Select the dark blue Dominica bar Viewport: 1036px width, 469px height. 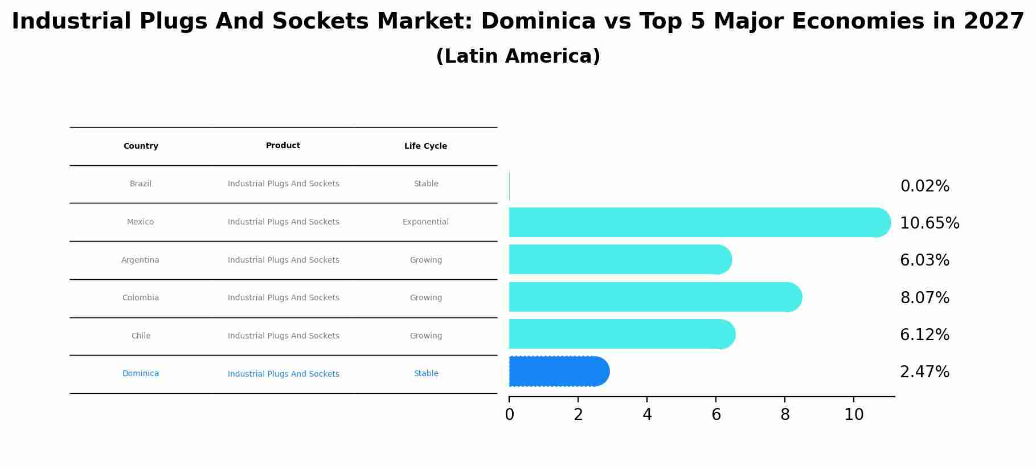click(x=558, y=372)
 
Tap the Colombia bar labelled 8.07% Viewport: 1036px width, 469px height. click(x=655, y=297)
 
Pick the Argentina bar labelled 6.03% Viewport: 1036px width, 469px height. click(x=620, y=259)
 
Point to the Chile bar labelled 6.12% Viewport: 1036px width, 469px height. click(x=621, y=334)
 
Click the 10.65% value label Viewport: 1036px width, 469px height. click(x=929, y=223)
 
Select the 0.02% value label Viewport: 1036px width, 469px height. click(x=925, y=186)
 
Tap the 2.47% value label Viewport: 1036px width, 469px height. click(x=925, y=372)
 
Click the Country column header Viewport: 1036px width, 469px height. click(x=141, y=146)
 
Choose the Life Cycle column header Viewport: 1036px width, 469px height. click(x=425, y=146)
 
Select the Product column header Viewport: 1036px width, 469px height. click(x=283, y=146)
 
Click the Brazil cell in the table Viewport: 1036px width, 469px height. click(x=141, y=184)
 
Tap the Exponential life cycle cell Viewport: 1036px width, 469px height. click(x=425, y=222)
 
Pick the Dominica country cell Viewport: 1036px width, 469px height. click(x=141, y=374)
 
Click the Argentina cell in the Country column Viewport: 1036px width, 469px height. click(x=140, y=260)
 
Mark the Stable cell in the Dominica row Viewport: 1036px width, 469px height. click(x=426, y=374)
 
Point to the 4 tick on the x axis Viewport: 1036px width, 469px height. click(x=647, y=415)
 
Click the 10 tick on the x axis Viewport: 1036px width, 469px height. click(x=854, y=415)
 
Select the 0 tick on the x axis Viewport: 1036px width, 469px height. click(x=509, y=415)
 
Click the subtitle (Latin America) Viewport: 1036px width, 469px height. click(x=518, y=56)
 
